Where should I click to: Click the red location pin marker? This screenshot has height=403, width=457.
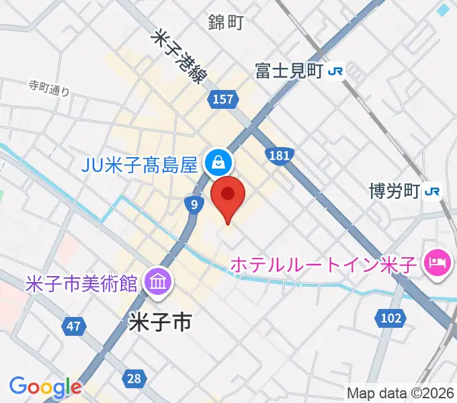[228, 197]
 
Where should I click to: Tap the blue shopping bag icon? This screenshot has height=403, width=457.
[218, 162]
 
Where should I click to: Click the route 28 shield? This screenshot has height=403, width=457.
[134, 378]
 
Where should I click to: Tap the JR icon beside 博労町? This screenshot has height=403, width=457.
[431, 191]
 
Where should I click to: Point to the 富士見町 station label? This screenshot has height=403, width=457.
[290, 71]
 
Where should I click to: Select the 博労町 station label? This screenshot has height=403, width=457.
[395, 191]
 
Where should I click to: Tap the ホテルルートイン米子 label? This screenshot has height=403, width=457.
[325, 265]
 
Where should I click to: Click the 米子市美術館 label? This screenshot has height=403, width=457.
[81, 282]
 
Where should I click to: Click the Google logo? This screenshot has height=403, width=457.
[45, 387]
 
